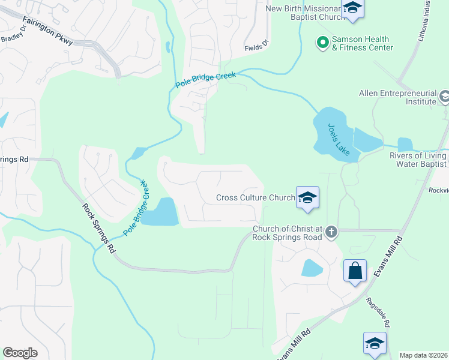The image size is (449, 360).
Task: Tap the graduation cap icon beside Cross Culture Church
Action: point(307,198)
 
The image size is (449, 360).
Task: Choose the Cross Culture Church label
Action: point(255,197)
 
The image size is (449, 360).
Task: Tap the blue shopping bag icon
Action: point(355,271)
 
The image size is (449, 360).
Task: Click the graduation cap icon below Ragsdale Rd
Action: point(375,344)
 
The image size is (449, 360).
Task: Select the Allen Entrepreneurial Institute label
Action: point(397,97)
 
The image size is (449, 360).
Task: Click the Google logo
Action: point(20,353)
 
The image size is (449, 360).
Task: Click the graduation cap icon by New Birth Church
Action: point(352,10)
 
